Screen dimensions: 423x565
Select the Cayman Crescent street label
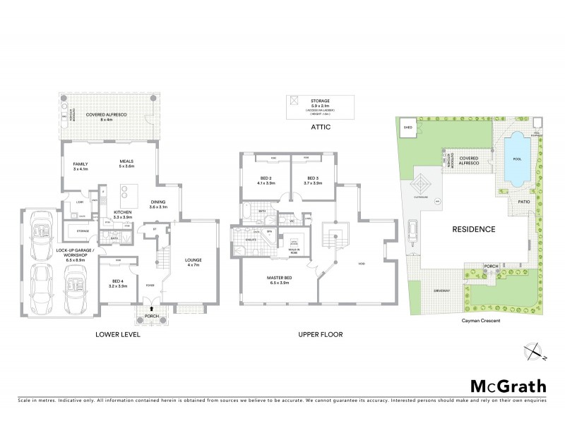(471, 319)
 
